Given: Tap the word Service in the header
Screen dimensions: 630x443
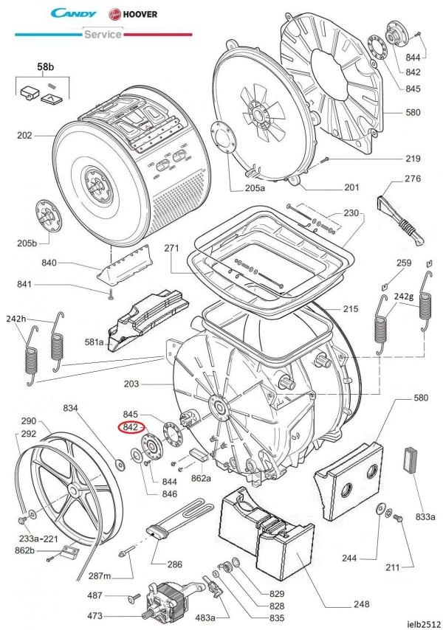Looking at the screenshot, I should point(102,34).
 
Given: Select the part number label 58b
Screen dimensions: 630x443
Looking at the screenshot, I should point(46,67).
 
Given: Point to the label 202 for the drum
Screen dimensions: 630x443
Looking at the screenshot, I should point(24,136).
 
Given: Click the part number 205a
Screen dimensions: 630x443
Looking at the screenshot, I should point(255,188).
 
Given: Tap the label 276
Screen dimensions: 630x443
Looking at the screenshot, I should point(412,179).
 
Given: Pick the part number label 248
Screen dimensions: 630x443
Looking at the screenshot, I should point(361,605).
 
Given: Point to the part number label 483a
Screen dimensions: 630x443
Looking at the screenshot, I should point(205,617).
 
